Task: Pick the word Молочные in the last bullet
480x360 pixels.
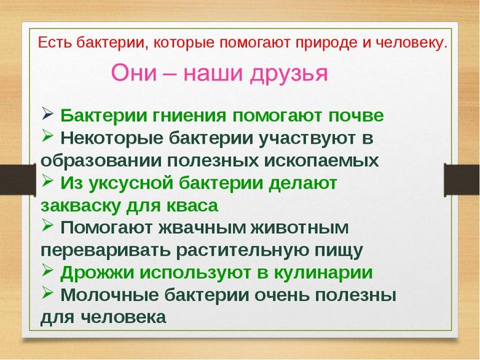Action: coord(109,295)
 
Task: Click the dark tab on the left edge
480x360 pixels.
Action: coord(13,181)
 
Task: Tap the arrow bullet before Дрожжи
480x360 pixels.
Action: coord(48,271)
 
